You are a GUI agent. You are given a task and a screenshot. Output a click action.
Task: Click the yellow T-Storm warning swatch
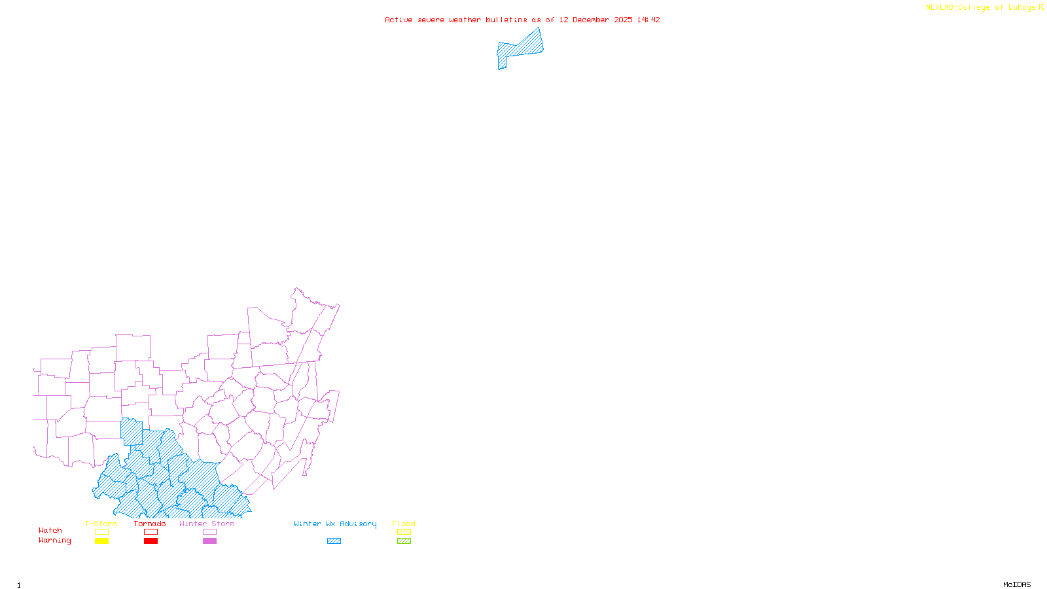[101, 541]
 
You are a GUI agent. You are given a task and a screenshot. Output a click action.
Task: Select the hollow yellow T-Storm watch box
[101, 532]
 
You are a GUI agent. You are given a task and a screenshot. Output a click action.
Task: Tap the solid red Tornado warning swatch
[151, 541]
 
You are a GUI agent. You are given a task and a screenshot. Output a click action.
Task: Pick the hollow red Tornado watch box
[151, 532]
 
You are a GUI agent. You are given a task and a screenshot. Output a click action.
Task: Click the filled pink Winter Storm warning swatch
[209, 541]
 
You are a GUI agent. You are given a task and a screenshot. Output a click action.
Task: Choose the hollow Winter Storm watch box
[209, 532]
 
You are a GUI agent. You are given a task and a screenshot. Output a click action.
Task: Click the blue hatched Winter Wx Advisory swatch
[334, 541]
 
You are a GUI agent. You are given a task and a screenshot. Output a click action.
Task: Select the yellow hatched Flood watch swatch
[404, 532]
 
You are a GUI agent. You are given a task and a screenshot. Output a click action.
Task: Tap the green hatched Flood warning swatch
[404, 541]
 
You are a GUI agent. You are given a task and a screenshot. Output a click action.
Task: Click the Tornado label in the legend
[150, 524]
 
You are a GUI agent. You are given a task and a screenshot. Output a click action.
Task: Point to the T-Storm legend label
[101, 524]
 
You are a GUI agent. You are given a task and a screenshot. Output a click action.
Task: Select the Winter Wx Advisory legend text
[335, 524]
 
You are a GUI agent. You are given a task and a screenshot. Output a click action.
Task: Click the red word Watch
[50, 530]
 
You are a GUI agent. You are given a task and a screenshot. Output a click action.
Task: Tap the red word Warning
[54, 541]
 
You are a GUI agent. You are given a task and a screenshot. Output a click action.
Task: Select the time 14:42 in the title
[648, 20]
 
